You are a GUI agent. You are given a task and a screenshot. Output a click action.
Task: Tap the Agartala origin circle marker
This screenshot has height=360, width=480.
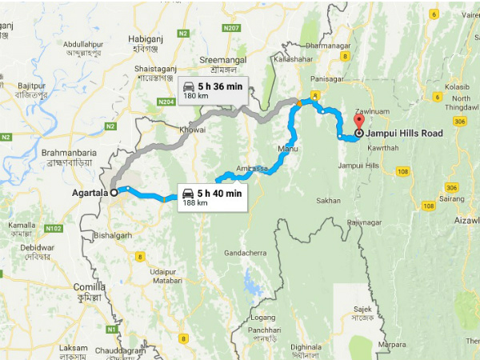point(114,192)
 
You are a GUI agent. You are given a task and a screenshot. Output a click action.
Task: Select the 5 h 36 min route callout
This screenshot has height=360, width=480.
point(212,90)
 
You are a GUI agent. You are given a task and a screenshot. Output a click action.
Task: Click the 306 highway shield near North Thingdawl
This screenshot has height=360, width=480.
point(459,122)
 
